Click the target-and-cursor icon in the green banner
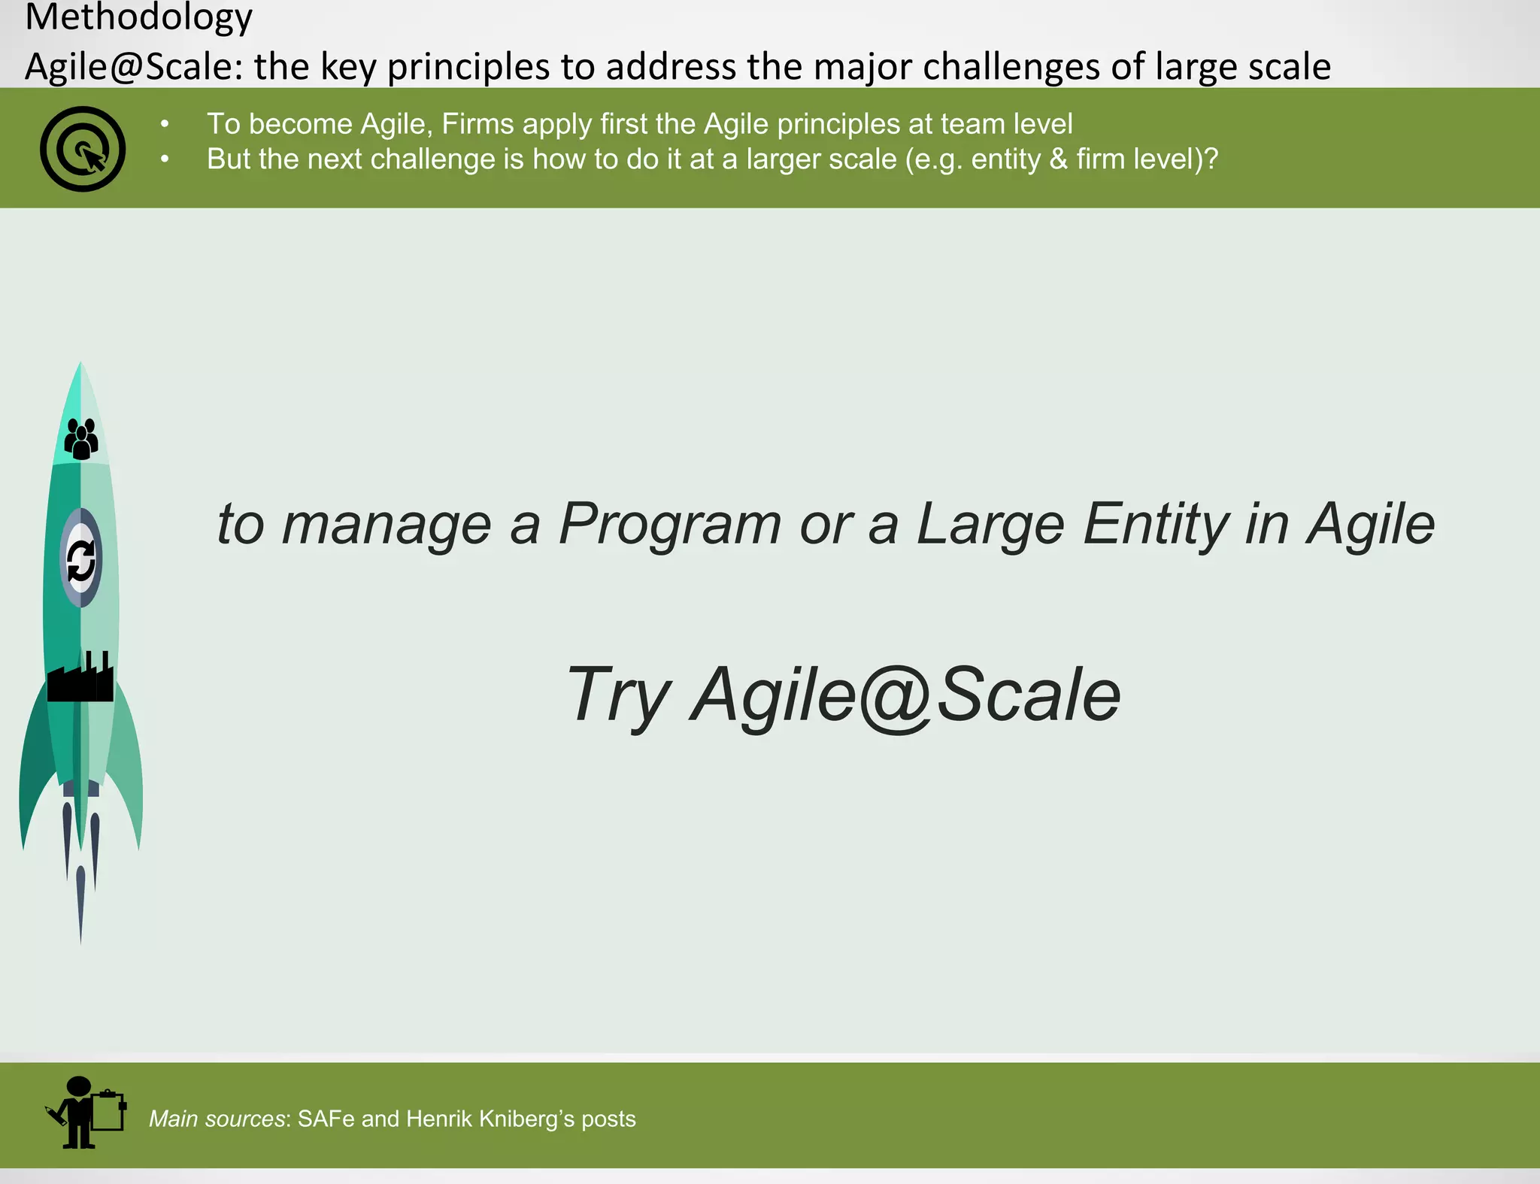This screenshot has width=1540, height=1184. click(x=83, y=149)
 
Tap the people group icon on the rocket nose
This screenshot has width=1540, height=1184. click(x=81, y=438)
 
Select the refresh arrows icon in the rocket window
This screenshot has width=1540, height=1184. click(x=81, y=560)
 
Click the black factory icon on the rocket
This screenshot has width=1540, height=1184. click(x=80, y=678)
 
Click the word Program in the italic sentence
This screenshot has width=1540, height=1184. click(x=670, y=524)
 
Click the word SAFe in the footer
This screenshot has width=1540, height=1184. click(x=326, y=1119)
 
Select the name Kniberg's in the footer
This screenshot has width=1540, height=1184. click(x=526, y=1119)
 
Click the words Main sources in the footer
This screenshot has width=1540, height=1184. click(x=217, y=1119)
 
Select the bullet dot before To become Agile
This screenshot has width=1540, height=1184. click(x=165, y=125)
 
